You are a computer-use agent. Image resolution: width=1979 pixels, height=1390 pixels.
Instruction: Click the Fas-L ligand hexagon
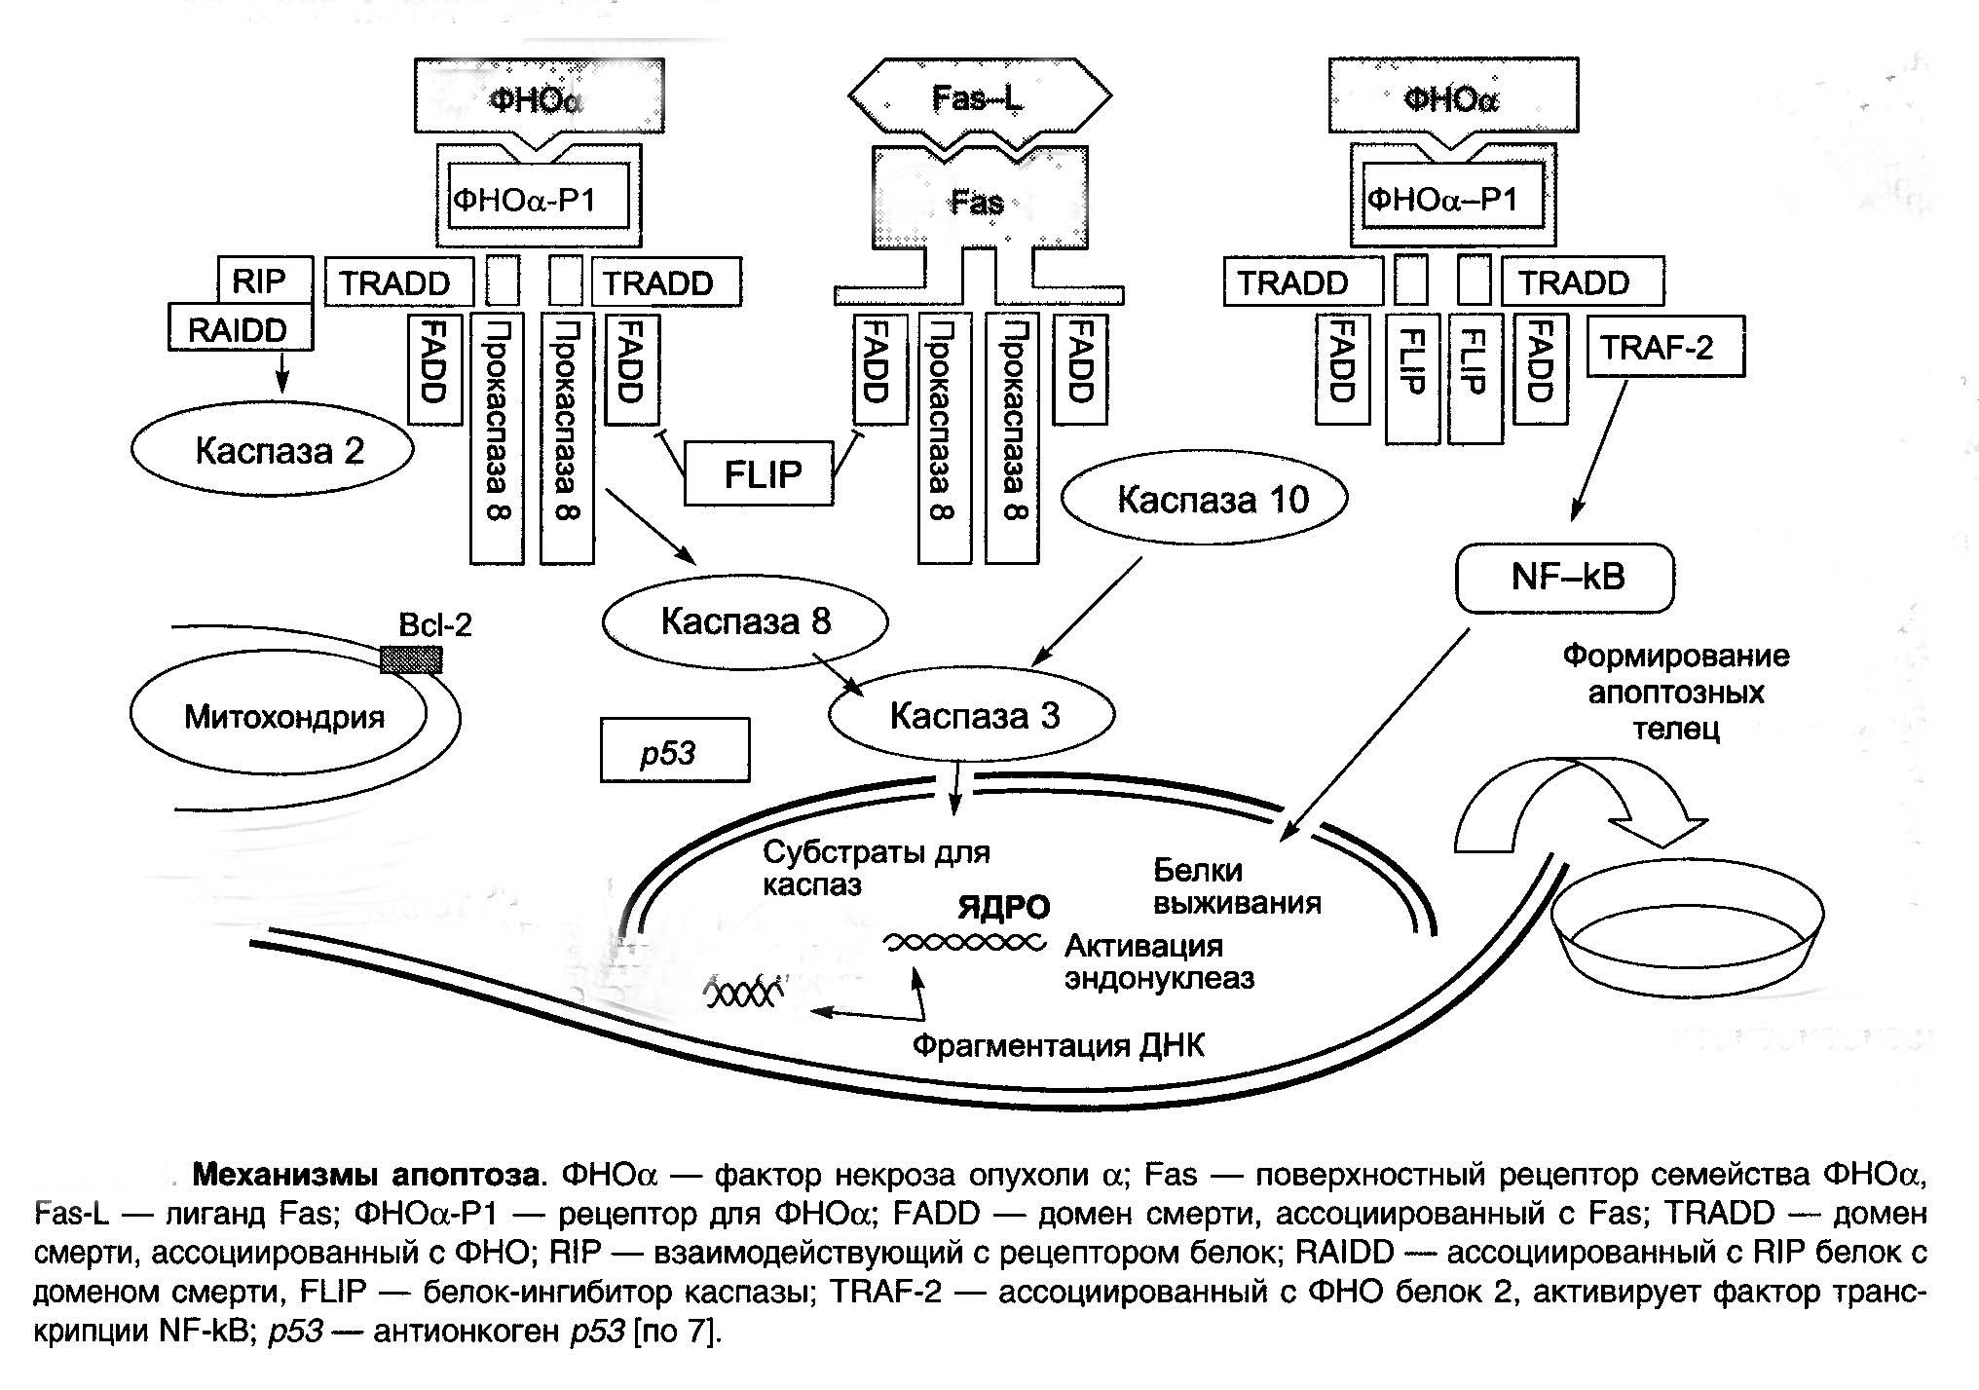[979, 97]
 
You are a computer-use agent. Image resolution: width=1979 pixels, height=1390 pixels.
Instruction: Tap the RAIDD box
[240, 329]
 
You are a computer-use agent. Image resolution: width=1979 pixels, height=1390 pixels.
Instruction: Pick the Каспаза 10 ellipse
[1204, 499]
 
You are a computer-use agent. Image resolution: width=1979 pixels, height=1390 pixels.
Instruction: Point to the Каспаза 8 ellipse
[745, 621]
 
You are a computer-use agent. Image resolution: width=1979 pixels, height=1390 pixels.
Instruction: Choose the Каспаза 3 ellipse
[971, 716]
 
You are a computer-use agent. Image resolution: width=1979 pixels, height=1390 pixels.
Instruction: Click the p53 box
[674, 751]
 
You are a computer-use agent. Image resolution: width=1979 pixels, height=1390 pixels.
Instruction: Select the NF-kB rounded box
[1565, 578]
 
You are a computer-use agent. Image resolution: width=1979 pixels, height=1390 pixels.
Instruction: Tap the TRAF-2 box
[1664, 347]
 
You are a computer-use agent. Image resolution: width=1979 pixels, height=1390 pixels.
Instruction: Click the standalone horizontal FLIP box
[759, 474]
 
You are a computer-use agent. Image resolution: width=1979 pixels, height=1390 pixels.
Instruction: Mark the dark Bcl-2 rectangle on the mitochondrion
[410, 660]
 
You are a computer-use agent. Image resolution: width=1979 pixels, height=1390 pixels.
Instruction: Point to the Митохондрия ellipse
[279, 717]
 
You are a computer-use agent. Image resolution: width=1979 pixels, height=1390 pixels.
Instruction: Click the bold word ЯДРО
[1004, 908]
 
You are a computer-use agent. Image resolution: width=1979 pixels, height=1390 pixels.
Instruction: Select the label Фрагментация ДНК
[1058, 1046]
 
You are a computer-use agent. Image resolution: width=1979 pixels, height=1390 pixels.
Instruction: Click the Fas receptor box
[979, 205]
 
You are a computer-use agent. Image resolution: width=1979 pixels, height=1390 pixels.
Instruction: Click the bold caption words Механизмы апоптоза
[365, 1175]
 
